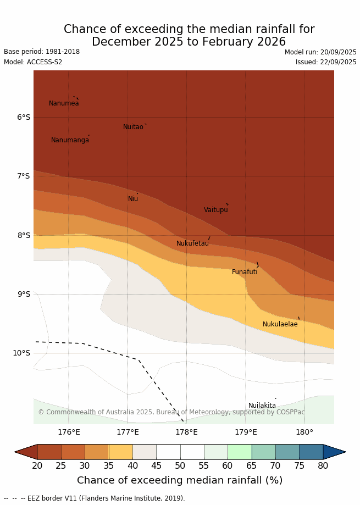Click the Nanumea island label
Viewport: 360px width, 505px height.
coord(64,103)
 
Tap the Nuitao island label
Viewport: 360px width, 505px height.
coord(133,127)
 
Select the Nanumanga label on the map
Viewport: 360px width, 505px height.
coord(70,140)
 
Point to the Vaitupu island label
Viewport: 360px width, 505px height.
coord(215,210)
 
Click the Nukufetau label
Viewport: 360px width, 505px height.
coord(192,243)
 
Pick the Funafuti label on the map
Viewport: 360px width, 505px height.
coord(245,272)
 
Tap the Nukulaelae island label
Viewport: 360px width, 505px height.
coord(280,324)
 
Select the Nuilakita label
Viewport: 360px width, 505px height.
coord(262,406)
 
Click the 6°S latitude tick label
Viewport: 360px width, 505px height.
coord(24,117)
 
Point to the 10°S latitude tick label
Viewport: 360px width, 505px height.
coord(22,353)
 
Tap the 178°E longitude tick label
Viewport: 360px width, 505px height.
coord(186,432)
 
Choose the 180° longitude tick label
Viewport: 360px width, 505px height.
coord(304,432)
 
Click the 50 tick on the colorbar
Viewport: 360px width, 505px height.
coord(180,466)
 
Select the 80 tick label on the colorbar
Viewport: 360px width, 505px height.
coord(323,466)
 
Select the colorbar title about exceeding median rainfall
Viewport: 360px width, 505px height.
coord(180,480)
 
